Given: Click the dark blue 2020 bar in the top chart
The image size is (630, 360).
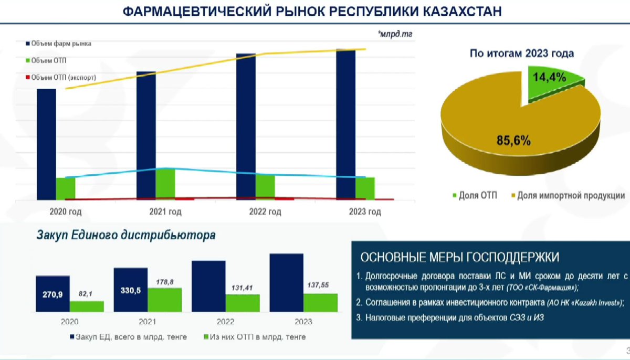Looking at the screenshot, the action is [x=46, y=144].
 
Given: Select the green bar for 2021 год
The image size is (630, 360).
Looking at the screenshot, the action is [x=165, y=184].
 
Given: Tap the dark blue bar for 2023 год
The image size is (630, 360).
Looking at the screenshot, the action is [x=345, y=124].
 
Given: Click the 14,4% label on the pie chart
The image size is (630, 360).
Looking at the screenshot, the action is [x=549, y=77].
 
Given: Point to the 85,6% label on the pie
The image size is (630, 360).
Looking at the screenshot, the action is [x=513, y=141].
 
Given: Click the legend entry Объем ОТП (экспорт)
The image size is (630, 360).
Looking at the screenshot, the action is [x=61, y=77].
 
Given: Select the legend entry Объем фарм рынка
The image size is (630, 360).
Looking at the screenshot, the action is [x=58, y=44].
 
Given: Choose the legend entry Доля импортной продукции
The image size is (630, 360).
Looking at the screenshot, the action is [x=568, y=195].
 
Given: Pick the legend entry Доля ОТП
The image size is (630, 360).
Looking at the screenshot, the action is [x=475, y=195].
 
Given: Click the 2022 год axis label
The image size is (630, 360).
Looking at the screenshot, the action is [x=265, y=211].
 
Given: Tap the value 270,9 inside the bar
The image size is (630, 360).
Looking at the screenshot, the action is [x=52, y=294].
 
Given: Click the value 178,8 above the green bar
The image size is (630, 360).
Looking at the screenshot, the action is [x=165, y=282].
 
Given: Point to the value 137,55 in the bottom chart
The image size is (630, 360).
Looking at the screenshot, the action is [x=318, y=285].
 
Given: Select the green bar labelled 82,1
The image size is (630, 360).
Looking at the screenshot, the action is [x=87, y=306].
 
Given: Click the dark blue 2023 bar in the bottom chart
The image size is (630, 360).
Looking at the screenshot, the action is [x=287, y=283].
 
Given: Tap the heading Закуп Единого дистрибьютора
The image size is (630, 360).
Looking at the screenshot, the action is [x=126, y=235].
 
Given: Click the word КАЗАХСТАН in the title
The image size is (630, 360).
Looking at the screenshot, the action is [x=463, y=12].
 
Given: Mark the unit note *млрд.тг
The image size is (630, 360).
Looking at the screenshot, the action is [x=395, y=34].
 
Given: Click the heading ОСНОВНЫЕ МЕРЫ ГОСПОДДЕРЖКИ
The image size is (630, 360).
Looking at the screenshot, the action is [x=460, y=257].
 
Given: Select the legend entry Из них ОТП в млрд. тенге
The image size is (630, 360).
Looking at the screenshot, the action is [x=255, y=337].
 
